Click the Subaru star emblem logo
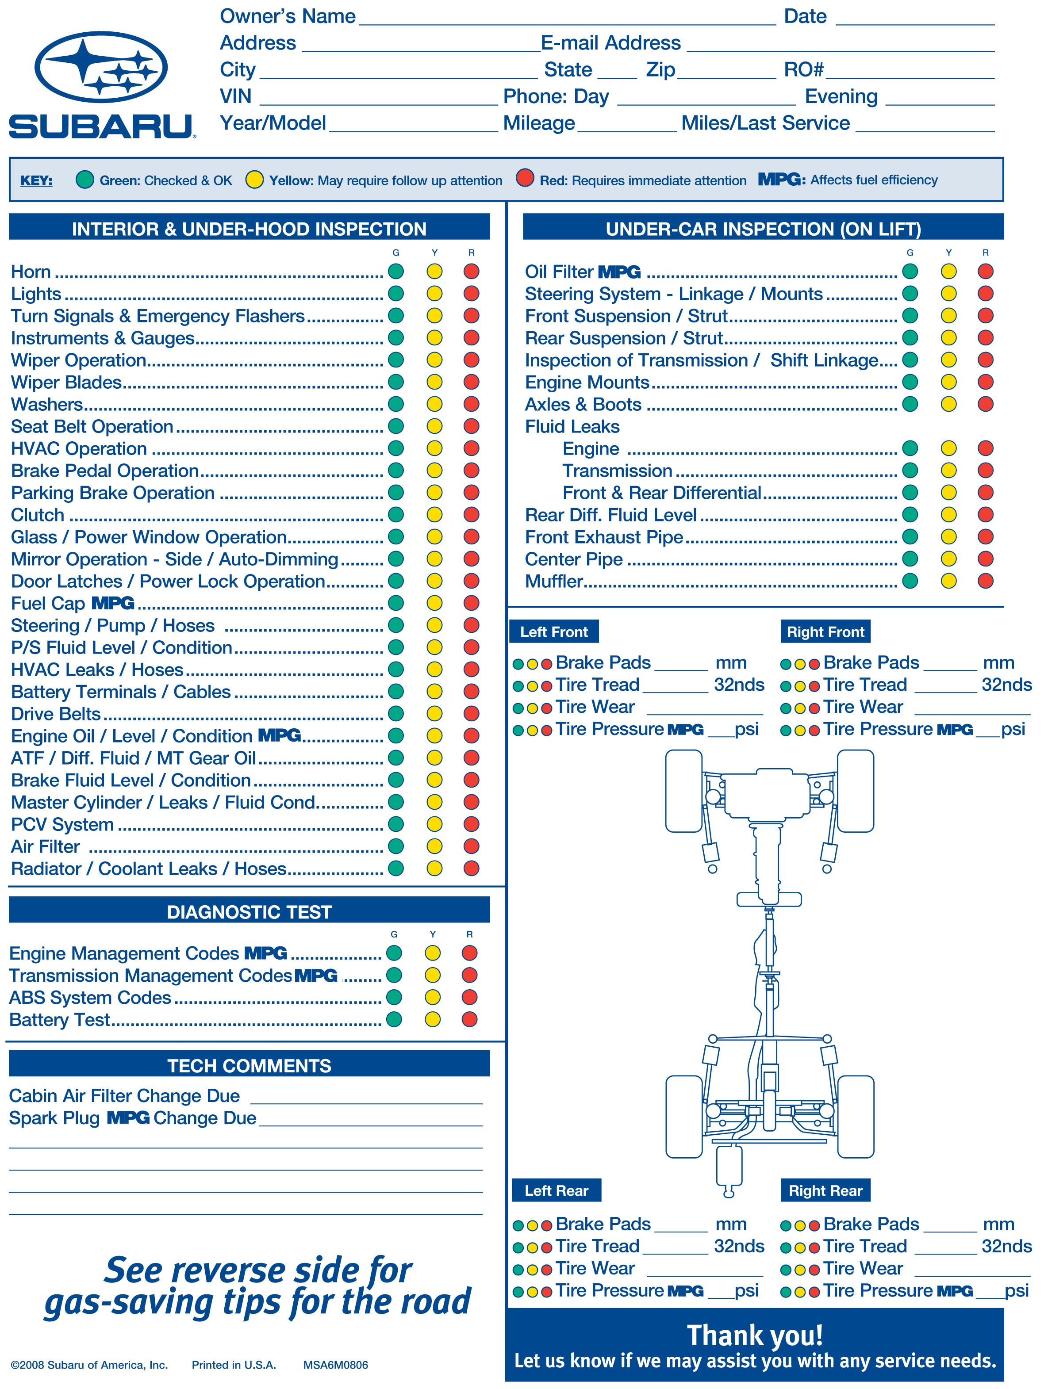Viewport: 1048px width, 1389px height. pos(100,67)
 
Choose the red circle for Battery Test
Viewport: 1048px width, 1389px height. pos(469,1020)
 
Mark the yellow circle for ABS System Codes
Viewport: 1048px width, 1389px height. pos(432,998)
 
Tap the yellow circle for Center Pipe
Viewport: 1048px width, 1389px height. pos(948,559)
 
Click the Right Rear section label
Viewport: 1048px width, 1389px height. pos(825,1190)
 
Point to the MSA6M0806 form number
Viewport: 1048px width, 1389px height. pos(335,1365)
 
